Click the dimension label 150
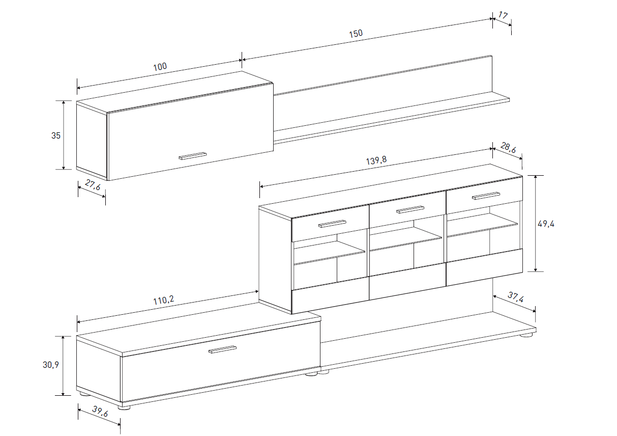(x=356, y=34)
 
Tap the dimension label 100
(x=160, y=66)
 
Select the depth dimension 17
(x=503, y=15)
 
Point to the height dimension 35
(x=55, y=135)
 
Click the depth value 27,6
(x=93, y=185)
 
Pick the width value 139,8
(x=376, y=160)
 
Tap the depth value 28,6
(x=508, y=148)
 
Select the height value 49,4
(x=546, y=224)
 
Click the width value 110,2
(x=164, y=300)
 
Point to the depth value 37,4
(x=516, y=297)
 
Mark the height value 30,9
(x=51, y=365)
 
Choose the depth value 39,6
(x=100, y=412)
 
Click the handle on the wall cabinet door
(x=193, y=156)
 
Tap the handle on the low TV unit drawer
(x=222, y=349)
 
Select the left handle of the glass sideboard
(x=332, y=224)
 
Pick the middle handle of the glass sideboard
(x=410, y=209)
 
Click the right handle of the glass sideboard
(x=486, y=196)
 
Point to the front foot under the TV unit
(x=124, y=407)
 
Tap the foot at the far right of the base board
(x=526, y=335)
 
